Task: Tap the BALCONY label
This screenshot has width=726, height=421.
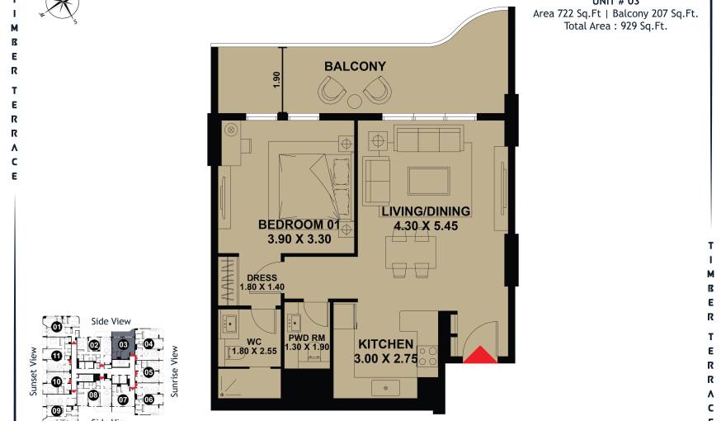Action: tap(355, 66)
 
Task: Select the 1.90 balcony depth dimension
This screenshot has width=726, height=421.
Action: tap(277, 80)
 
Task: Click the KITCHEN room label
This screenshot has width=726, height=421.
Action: tap(385, 344)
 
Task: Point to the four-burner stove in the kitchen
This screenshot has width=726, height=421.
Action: tap(428, 356)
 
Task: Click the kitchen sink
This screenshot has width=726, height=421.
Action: tap(385, 387)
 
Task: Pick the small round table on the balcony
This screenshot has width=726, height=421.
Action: tap(355, 102)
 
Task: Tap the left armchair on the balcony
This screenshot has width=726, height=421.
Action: tap(332, 89)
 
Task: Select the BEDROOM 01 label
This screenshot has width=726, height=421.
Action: tap(299, 225)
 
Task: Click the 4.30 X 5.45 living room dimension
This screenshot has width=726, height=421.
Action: tap(425, 225)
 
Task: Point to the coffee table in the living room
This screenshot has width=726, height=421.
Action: tap(428, 181)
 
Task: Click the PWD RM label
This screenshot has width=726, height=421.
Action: tap(304, 338)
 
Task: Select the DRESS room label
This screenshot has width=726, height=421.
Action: tap(262, 278)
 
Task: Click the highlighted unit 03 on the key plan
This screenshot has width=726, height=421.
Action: tap(123, 345)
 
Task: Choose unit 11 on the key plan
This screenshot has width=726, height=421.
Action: tap(56, 357)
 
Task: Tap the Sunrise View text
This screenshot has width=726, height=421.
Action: tap(174, 371)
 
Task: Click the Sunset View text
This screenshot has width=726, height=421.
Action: tap(34, 371)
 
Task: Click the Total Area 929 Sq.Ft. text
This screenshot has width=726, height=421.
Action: tap(615, 26)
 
